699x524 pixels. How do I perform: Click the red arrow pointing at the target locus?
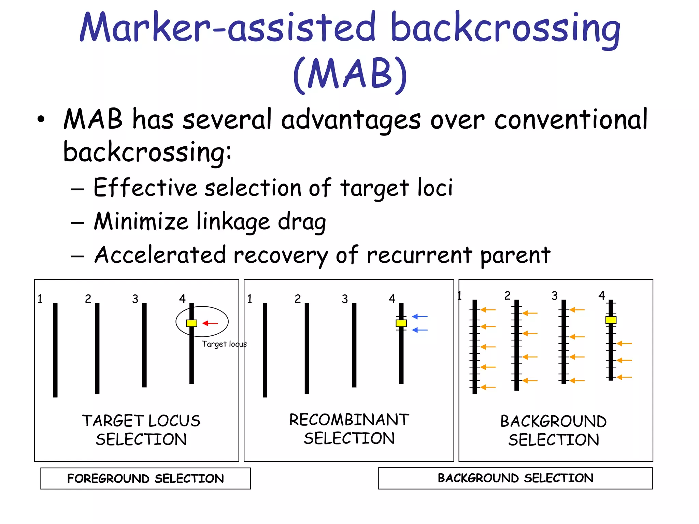[210, 323]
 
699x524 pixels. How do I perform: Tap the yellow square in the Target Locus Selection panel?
[191, 323]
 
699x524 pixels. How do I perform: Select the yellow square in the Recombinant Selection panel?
[401, 323]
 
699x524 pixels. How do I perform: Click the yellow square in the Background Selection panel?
[611, 320]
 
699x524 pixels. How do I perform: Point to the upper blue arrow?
[420, 317]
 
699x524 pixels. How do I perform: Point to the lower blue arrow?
[420, 330]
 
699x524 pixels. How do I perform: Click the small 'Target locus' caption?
[224, 344]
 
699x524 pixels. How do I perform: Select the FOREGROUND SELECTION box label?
[145, 478]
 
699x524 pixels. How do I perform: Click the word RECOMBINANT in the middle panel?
[349, 420]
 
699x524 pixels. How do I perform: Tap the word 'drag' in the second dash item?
[302, 222]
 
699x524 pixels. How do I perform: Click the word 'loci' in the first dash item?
[435, 188]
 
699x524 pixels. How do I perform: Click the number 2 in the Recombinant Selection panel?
[298, 299]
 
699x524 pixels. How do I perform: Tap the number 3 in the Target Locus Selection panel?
[135, 299]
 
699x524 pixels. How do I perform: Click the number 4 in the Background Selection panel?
[601, 295]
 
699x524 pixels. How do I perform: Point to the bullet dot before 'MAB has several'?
[41, 119]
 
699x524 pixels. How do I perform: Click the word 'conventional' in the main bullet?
[571, 119]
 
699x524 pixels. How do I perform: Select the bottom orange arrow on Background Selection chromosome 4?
[624, 377]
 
